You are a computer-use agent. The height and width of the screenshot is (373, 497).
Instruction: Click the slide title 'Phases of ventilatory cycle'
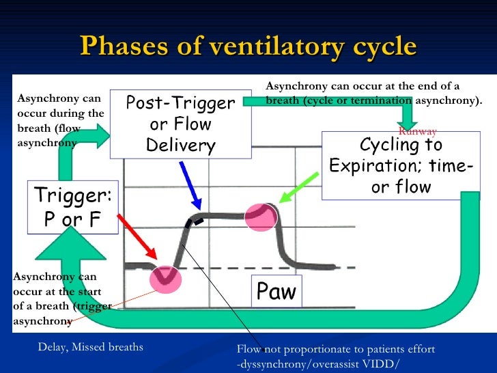coord(248,46)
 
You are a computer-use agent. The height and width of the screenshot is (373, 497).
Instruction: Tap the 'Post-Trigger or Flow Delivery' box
coord(180,124)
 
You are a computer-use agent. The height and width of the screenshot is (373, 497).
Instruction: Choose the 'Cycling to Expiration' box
coord(401,166)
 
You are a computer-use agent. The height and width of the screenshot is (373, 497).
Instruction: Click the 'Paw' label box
coord(276,292)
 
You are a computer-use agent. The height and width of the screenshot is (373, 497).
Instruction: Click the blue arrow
coord(189,185)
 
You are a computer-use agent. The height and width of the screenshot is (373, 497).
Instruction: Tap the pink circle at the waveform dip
coord(165,277)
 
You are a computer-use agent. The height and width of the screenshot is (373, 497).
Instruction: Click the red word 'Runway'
coord(417,130)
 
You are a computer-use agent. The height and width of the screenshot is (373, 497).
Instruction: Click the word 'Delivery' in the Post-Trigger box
coord(180,146)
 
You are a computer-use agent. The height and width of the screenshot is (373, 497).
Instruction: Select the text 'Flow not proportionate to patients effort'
coord(335,348)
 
